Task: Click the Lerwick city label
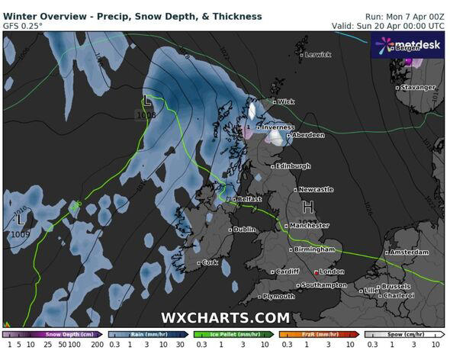317,55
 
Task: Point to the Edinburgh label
294,166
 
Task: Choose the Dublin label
244,230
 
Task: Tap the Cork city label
210,262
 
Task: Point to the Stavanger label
419,88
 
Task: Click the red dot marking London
317,272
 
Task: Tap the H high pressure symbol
308,207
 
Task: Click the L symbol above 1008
146,100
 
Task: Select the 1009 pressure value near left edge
21,234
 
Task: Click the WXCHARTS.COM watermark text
225,318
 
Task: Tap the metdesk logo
407,45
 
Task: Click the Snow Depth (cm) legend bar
53,334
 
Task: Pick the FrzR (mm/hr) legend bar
318,334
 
